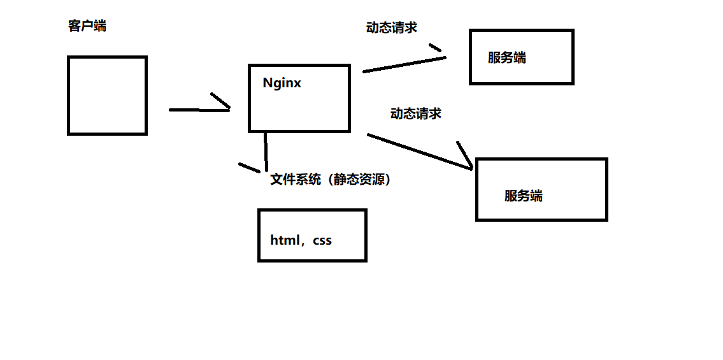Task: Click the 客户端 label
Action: tap(87, 26)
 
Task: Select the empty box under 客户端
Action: tap(107, 96)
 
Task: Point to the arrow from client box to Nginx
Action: tap(197, 110)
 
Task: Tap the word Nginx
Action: tap(282, 83)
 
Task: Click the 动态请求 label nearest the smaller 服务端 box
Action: tap(392, 27)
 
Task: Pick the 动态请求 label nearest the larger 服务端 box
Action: tap(415, 113)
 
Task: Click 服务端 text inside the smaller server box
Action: tap(507, 58)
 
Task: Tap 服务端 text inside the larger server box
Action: tap(523, 196)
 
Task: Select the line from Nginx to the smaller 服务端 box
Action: tap(404, 64)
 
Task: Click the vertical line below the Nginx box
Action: tap(266, 151)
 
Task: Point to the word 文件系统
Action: tap(296, 180)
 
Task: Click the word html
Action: tap(285, 240)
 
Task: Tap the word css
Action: tap(322, 241)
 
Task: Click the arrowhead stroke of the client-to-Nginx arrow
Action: tap(220, 101)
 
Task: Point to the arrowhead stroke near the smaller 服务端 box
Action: tap(435, 47)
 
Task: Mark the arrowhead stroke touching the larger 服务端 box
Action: tap(464, 153)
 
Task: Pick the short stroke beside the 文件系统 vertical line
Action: tap(249, 168)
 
